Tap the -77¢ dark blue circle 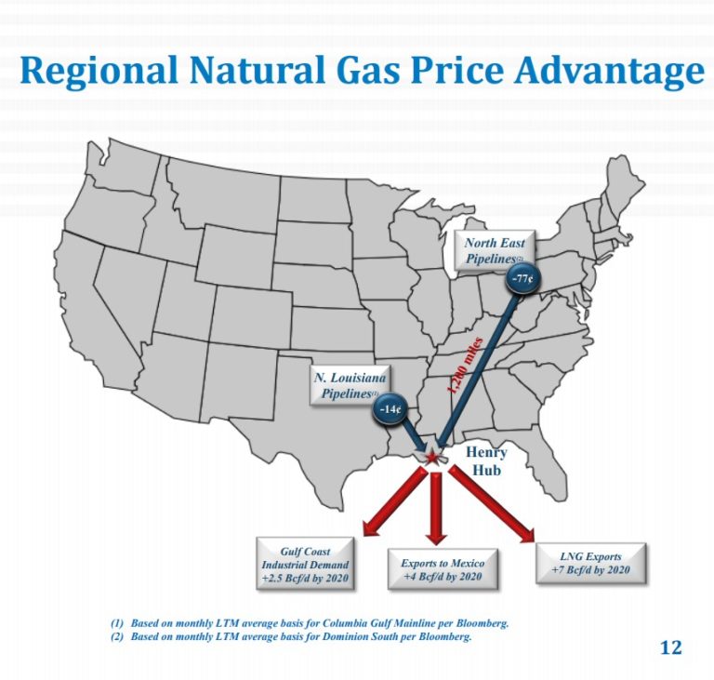tap(520, 277)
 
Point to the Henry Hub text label tap(486, 461)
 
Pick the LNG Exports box tap(591, 563)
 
